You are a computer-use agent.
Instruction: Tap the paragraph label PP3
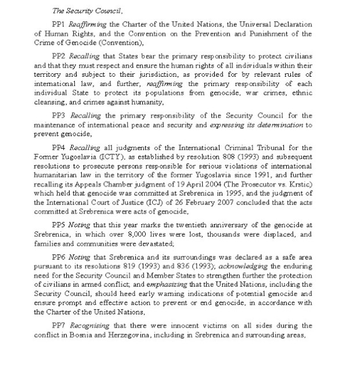tap(59, 116)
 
